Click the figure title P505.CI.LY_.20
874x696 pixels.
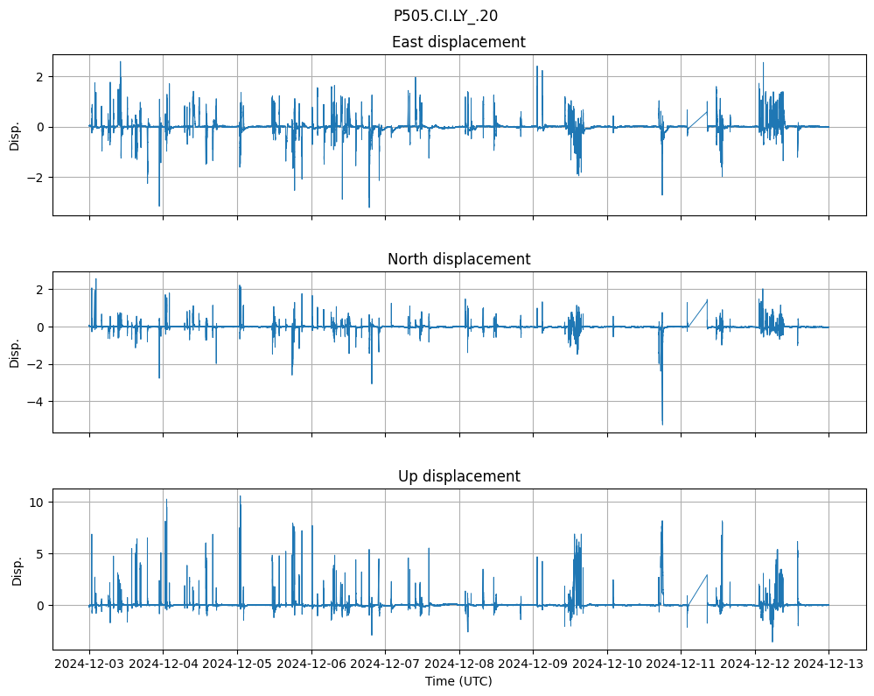pyautogui.click(x=445, y=15)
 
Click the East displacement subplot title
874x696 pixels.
pyautogui.click(x=458, y=42)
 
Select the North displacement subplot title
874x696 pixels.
pyautogui.click(x=458, y=259)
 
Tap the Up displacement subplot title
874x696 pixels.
pyautogui.click(x=458, y=476)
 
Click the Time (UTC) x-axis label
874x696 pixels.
pyautogui.click(x=458, y=680)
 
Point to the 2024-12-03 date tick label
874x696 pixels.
pyautogui.click(x=89, y=664)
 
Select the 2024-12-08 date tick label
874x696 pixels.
pyautogui.click(x=459, y=664)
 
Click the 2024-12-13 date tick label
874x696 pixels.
pyautogui.click(x=829, y=664)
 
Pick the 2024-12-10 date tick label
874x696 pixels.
pyautogui.click(x=607, y=664)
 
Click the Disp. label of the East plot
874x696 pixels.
pyautogui.click(x=15, y=135)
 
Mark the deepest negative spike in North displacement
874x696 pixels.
pyautogui.click(x=662, y=424)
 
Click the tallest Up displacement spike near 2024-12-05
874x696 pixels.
pyautogui.click(x=240, y=497)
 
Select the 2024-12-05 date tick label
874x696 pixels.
pyautogui.click(x=237, y=664)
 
